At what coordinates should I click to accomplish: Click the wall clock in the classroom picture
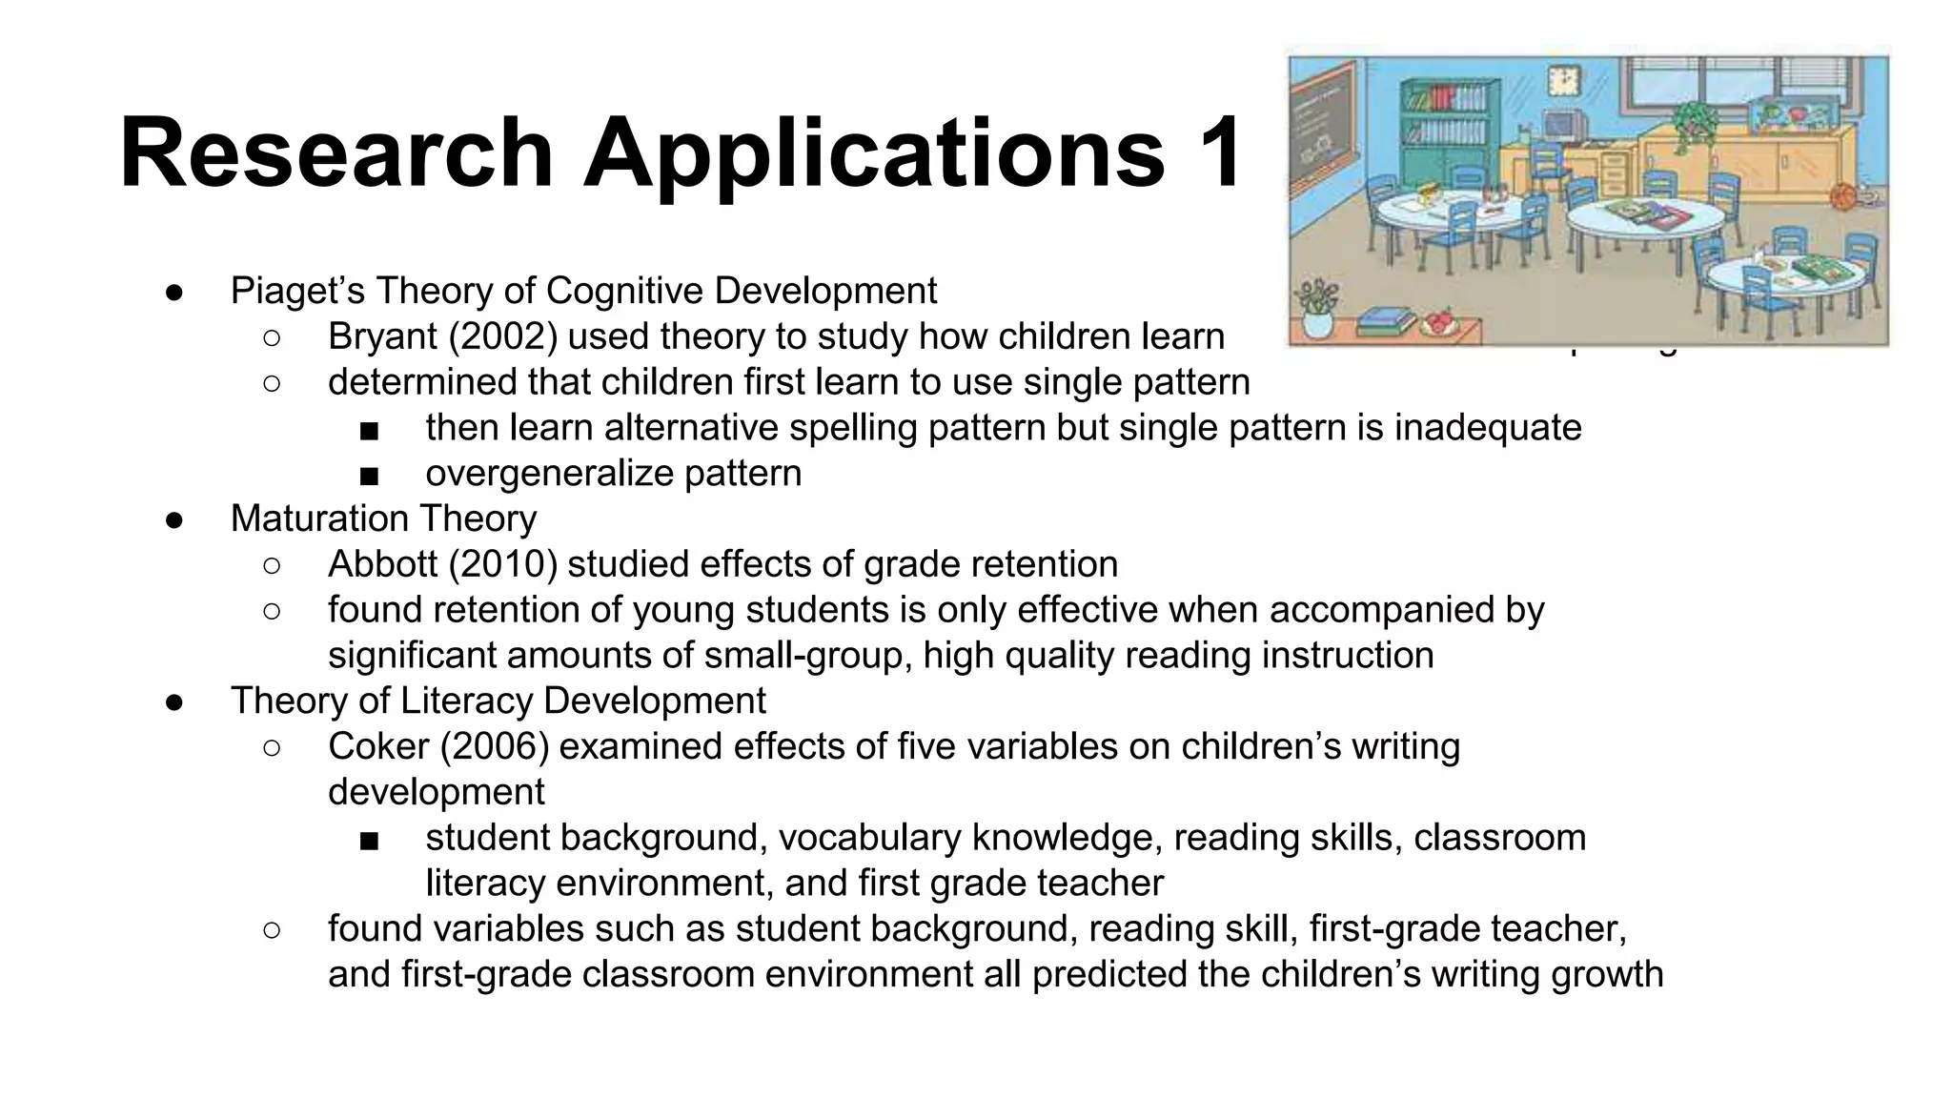(1564, 79)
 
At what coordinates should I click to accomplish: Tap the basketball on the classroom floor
(1843, 197)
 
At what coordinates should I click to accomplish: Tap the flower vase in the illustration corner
(1318, 310)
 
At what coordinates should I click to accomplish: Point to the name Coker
(378, 746)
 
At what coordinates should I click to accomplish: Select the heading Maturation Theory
(383, 518)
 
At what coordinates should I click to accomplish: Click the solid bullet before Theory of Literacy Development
(174, 701)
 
